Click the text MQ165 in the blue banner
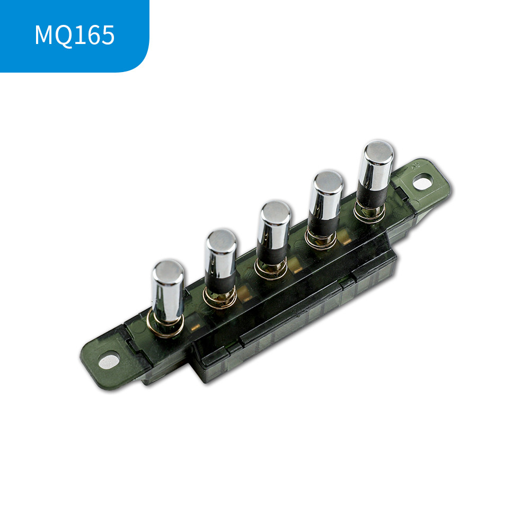[x=75, y=35]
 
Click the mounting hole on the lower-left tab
[x=109, y=361]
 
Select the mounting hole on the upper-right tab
[x=422, y=183]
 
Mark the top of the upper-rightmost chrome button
[x=378, y=151]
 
